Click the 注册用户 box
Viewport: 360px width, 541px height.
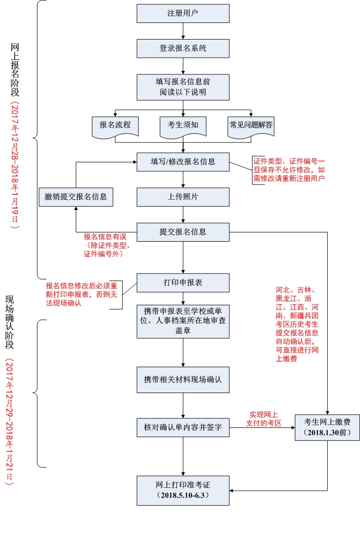(x=183, y=13)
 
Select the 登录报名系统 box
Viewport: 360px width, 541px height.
(x=183, y=48)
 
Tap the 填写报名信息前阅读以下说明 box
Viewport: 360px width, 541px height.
(x=183, y=87)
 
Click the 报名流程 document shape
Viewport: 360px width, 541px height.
(x=115, y=125)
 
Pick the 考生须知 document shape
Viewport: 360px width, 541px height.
(x=183, y=125)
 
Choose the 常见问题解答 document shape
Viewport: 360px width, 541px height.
(x=251, y=125)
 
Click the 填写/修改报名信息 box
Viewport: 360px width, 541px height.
(x=183, y=162)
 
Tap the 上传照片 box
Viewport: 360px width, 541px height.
(x=183, y=197)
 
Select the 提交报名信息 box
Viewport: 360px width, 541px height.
(x=183, y=232)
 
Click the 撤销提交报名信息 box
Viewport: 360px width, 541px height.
(x=76, y=197)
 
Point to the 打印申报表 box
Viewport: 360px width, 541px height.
(x=183, y=283)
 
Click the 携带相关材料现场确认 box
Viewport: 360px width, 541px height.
(x=183, y=379)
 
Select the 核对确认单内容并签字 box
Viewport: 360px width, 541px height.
(x=183, y=427)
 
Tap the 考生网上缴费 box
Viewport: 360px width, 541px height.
(x=327, y=427)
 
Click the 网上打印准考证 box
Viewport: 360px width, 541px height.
(x=183, y=490)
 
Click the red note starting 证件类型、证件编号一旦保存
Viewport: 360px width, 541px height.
(x=289, y=169)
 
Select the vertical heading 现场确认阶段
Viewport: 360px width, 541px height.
(x=10, y=322)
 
